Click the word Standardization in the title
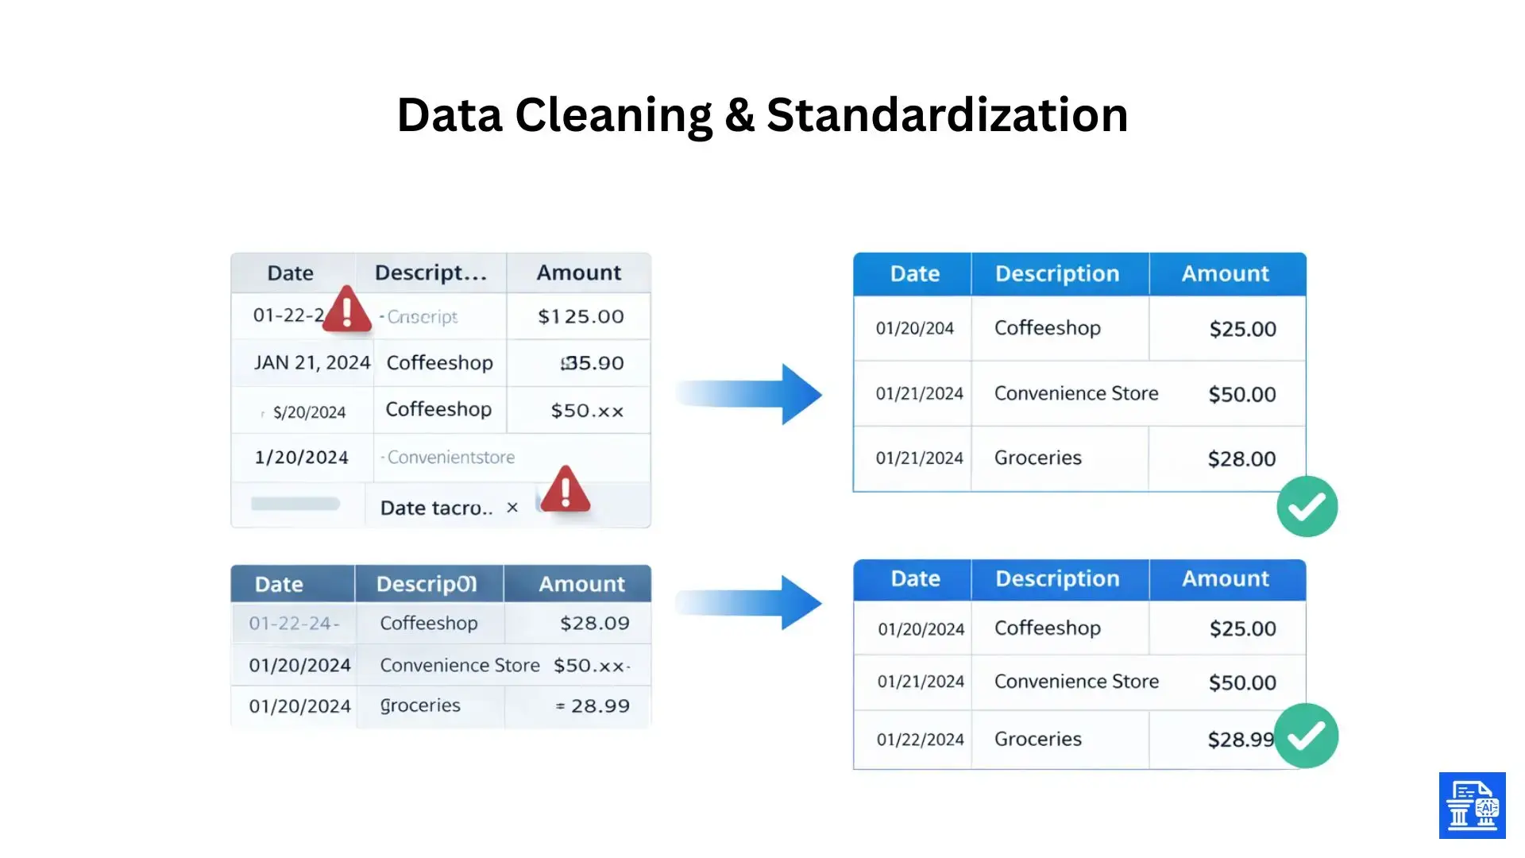pyautogui.click(x=947, y=114)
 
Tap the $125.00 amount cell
pyautogui.click(x=581, y=316)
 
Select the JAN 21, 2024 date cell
pyautogui.click(x=311, y=363)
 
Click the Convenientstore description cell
pyautogui.click(x=450, y=458)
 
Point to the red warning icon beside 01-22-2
pyautogui.click(x=347, y=309)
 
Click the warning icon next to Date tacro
pyautogui.click(x=565, y=489)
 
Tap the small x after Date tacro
pyautogui.click(x=512, y=508)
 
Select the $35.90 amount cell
pyautogui.click(x=592, y=363)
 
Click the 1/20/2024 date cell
pyautogui.click(x=301, y=458)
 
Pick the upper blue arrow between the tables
pyautogui.click(x=751, y=394)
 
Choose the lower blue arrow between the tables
pyautogui.click(x=751, y=603)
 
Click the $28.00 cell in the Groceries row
pyautogui.click(x=1241, y=458)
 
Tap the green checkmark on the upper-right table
pyautogui.click(x=1307, y=507)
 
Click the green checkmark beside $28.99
pyautogui.click(x=1307, y=736)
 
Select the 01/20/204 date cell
pyautogui.click(x=914, y=328)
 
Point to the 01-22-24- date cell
pyautogui.click(x=294, y=624)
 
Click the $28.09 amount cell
pyautogui.click(x=594, y=624)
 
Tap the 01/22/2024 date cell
pyautogui.click(x=920, y=740)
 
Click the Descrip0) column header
pyautogui.click(x=427, y=585)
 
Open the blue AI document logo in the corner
pyautogui.click(x=1472, y=806)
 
